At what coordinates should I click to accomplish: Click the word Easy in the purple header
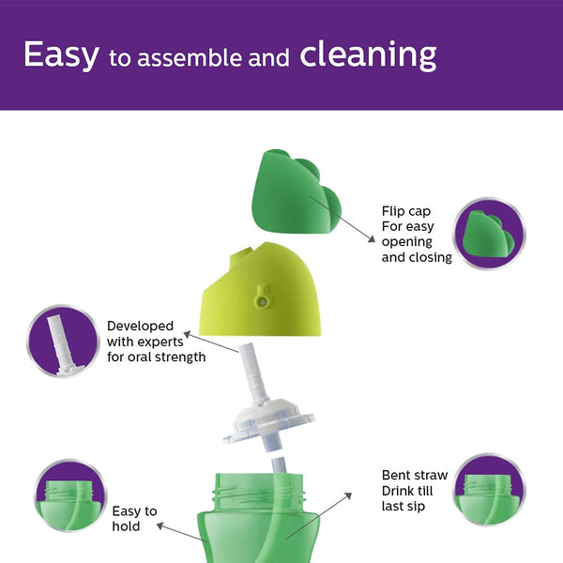(x=61, y=54)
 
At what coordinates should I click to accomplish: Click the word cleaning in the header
(x=368, y=54)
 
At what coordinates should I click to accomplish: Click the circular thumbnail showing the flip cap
(x=490, y=235)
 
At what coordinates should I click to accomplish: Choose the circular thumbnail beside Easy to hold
(x=68, y=495)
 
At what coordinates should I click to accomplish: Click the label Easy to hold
(x=134, y=518)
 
